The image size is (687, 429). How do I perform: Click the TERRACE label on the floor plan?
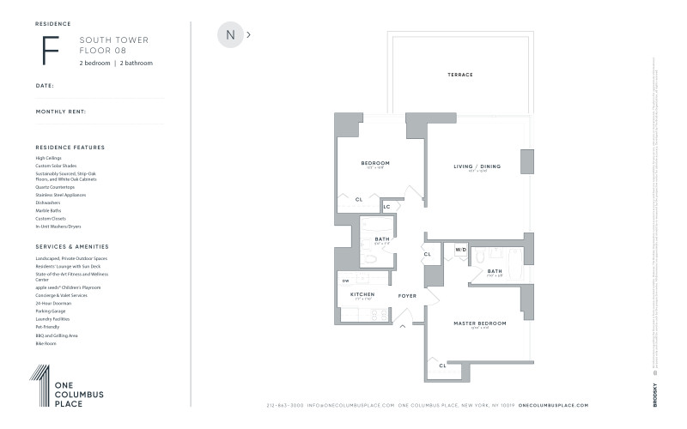click(459, 75)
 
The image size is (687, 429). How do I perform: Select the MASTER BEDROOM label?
click(479, 323)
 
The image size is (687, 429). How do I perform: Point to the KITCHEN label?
click(362, 294)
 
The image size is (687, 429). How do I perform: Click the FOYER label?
click(407, 295)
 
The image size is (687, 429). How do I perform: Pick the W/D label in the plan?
click(461, 251)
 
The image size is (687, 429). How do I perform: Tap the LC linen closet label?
click(386, 207)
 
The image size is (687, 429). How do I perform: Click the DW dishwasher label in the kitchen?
click(345, 281)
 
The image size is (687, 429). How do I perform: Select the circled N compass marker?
click(230, 35)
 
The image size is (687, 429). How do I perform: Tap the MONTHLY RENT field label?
click(60, 112)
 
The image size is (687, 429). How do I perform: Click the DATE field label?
click(45, 86)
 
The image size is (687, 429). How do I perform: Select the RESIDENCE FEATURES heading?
click(70, 148)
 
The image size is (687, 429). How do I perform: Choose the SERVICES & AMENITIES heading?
click(71, 246)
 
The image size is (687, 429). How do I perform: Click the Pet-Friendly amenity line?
click(47, 327)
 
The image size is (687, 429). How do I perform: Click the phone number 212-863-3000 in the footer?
click(285, 405)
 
